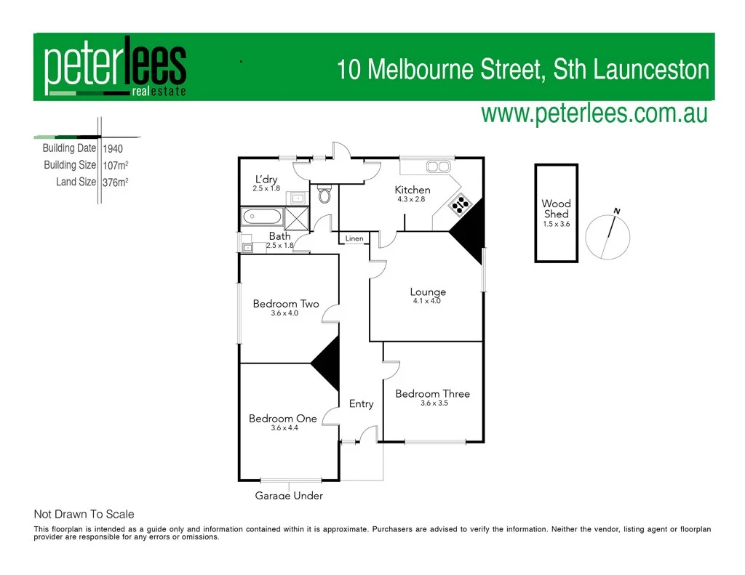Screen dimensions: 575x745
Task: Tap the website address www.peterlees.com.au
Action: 594,114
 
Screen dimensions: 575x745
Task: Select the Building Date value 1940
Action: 113,148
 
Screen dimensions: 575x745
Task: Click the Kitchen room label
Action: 413,190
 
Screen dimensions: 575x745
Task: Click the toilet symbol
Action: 324,195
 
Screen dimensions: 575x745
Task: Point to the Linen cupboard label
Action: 354,238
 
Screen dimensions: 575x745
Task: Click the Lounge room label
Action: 428,292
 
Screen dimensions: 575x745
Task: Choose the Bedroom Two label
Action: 286,304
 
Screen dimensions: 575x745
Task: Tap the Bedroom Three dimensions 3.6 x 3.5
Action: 434,403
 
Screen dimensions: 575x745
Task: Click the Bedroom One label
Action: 283,419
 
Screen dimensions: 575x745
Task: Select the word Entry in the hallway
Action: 361,404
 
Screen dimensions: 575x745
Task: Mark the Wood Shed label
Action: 556,209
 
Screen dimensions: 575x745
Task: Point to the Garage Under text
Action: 289,496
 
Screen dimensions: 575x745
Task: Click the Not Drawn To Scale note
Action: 84,514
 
